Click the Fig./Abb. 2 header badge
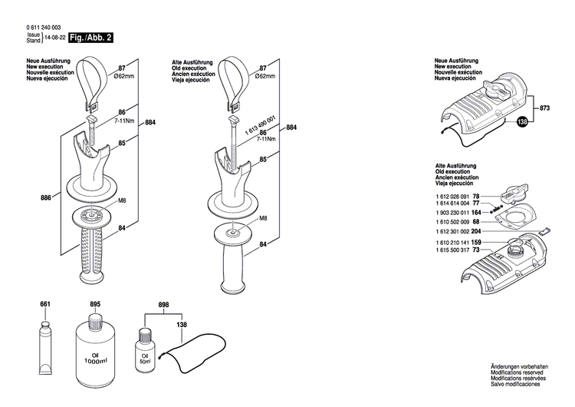tap(88, 37)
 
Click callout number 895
tap(95, 305)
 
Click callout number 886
tap(46, 198)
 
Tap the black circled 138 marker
tap(523, 122)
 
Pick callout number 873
tap(544, 108)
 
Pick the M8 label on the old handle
tap(263, 218)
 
